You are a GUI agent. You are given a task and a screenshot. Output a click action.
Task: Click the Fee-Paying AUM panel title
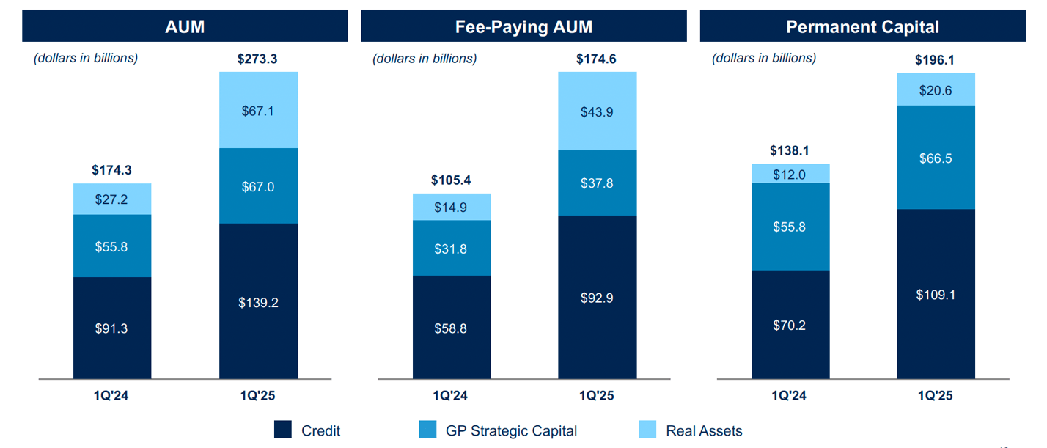click(x=523, y=28)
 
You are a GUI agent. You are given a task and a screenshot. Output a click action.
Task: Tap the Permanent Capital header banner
click(x=862, y=28)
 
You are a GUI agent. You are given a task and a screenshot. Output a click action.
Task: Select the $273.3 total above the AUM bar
click(x=257, y=59)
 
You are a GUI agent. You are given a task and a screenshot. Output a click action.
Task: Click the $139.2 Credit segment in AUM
click(x=258, y=302)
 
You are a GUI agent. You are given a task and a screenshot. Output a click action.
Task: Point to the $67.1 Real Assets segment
click(x=258, y=111)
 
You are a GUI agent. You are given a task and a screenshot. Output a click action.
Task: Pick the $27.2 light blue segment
click(x=111, y=199)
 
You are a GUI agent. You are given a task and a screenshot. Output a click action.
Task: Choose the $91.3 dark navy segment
click(x=111, y=328)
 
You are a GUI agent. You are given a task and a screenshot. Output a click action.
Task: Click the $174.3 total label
click(x=111, y=170)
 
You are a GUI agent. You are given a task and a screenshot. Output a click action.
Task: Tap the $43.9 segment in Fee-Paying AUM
click(x=597, y=111)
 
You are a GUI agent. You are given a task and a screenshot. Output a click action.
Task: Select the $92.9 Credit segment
click(x=597, y=298)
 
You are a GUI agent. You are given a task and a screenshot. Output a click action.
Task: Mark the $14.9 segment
click(x=451, y=208)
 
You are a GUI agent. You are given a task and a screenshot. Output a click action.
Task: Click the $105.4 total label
click(x=451, y=180)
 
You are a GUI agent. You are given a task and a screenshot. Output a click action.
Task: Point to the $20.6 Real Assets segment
click(x=936, y=89)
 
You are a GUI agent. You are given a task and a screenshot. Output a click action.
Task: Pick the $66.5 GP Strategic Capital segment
click(x=936, y=158)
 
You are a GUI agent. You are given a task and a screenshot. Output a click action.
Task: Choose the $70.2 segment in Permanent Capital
click(x=790, y=325)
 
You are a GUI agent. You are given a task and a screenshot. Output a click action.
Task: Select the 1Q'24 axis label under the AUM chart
click(x=111, y=396)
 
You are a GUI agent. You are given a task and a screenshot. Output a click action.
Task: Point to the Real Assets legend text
click(x=704, y=431)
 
